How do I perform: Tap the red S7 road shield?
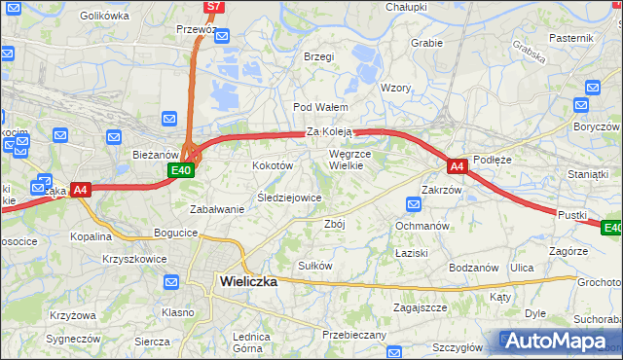point(214,7)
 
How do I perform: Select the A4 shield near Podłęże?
point(458,166)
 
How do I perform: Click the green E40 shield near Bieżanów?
point(181,170)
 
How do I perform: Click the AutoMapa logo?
point(559,342)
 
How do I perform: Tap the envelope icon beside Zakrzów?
point(414,204)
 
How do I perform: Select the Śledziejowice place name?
point(289,198)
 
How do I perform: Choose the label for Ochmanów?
point(421,226)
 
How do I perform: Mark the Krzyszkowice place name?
point(134,259)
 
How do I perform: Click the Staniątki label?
point(588,173)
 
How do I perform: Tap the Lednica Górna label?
point(249,342)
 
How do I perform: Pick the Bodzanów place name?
point(474,268)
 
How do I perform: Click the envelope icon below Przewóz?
point(222,39)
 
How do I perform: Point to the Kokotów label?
point(273,166)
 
